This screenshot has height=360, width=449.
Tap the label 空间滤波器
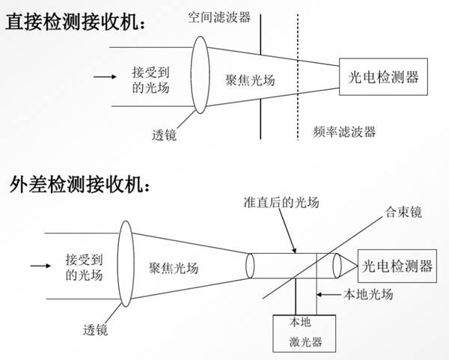[x=219, y=17]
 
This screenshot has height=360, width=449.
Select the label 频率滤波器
[x=344, y=132]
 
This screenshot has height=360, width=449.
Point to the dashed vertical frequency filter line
[x=298, y=77]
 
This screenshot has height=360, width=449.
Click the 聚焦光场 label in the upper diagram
[x=250, y=80]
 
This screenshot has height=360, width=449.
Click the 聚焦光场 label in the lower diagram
[x=174, y=268]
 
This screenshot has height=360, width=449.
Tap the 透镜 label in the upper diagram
[x=164, y=135]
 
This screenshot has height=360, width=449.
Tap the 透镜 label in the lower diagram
[x=95, y=329]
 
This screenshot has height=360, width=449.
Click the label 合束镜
[x=403, y=213]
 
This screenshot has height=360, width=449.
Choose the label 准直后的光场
[x=281, y=202]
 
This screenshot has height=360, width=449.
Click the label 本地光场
[x=368, y=294]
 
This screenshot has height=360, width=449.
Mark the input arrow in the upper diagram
[x=105, y=76]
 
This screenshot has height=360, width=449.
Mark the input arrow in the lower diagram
[x=40, y=266]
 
